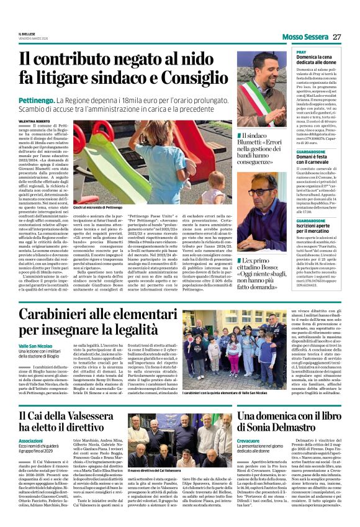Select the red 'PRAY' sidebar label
[x=301, y=52]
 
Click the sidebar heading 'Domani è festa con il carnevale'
[x=318, y=138]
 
